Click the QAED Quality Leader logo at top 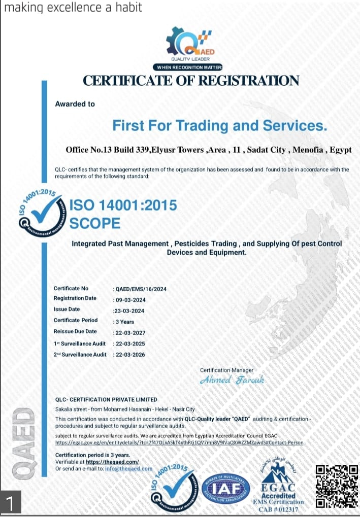point(190,44)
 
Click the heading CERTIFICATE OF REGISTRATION point(191,80)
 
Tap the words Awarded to point(75,104)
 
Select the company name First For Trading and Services point(219,125)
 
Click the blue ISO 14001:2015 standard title point(123,205)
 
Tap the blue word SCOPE point(95,223)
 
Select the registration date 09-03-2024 point(130,300)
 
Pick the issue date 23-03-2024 point(129,311)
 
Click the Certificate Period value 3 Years point(124,322)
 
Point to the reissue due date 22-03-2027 point(130,332)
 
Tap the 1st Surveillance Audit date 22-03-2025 point(130,344)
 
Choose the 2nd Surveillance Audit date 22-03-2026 point(130,355)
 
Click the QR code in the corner point(337,487)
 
